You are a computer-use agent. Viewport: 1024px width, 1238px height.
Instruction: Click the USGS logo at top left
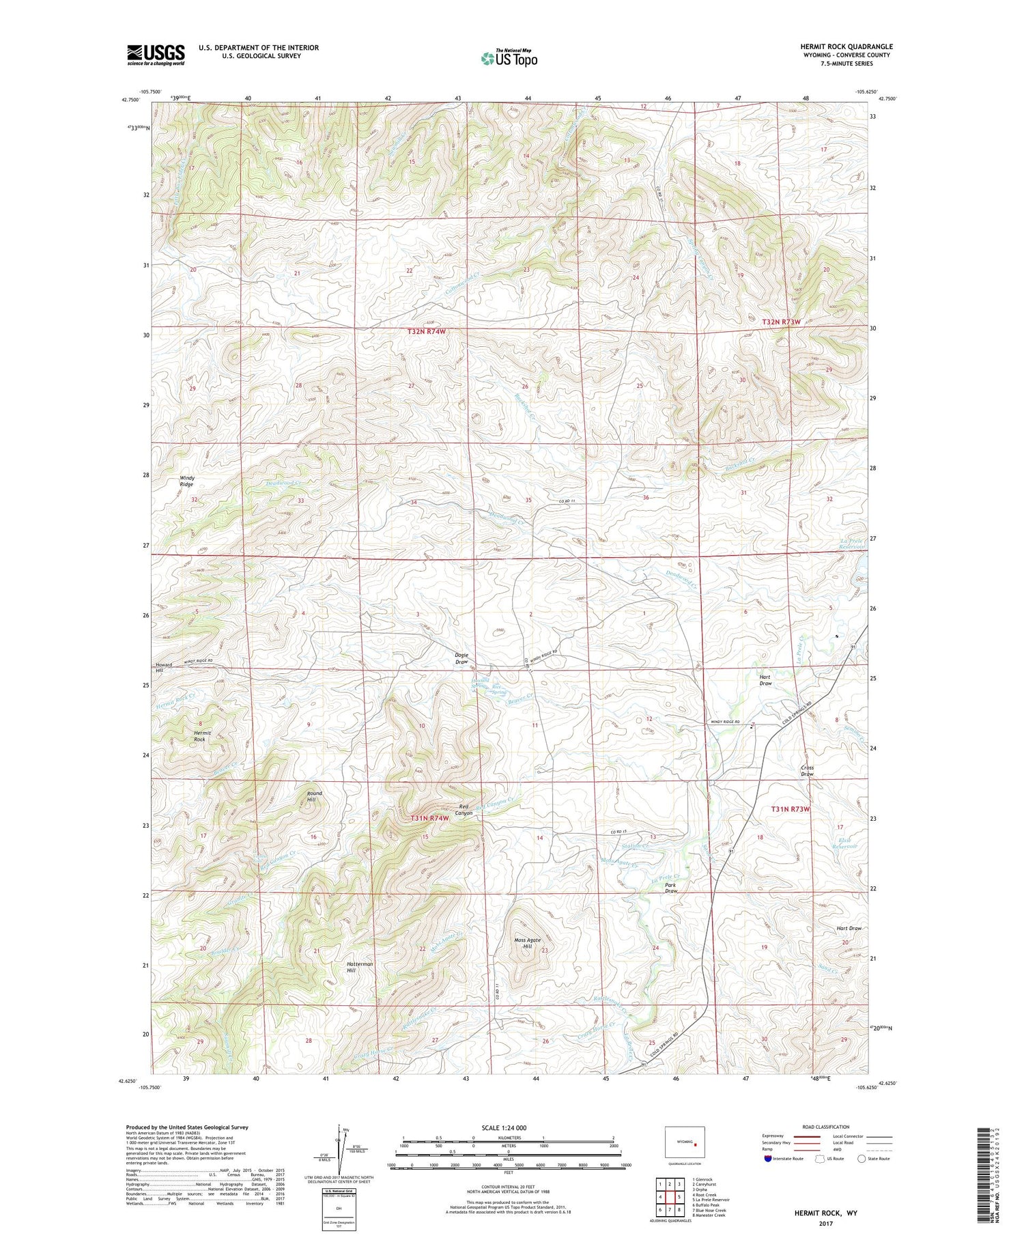pyautogui.click(x=156, y=55)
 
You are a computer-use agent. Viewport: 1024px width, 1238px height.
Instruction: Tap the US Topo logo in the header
pyautogui.click(x=509, y=59)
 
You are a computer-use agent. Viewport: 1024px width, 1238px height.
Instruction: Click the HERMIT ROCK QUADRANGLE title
pyautogui.click(x=847, y=46)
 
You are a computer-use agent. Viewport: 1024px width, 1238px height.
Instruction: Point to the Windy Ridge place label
pyautogui.click(x=186, y=481)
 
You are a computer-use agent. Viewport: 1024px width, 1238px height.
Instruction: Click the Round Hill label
pyautogui.click(x=314, y=796)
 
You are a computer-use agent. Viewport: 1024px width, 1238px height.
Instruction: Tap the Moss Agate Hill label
pyautogui.click(x=527, y=944)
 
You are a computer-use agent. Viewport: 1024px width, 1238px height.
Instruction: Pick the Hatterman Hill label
pyautogui.click(x=360, y=967)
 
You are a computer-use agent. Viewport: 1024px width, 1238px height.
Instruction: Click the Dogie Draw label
pyautogui.click(x=461, y=658)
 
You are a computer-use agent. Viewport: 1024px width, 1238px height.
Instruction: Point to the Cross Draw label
pyautogui.click(x=807, y=771)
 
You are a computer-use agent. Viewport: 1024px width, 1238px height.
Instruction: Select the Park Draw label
pyautogui.click(x=671, y=888)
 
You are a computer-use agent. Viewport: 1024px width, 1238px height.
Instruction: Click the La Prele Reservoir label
pyautogui.click(x=852, y=544)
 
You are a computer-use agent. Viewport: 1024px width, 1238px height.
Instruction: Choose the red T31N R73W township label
pyautogui.click(x=790, y=809)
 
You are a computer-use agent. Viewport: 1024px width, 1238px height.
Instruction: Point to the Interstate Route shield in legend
pyautogui.click(x=769, y=1159)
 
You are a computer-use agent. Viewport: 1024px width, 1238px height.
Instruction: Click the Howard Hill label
pyautogui.click(x=164, y=668)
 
